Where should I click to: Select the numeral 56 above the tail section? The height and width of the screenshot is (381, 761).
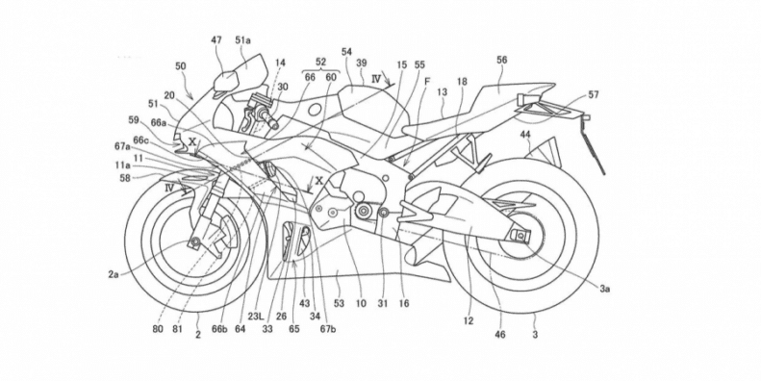pyautogui.click(x=502, y=59)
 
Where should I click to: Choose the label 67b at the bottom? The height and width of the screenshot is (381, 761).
pyautogui.click(x=328, y=330)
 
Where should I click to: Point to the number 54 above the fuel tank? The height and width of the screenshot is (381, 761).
pyautogui.click(x=346, y=49)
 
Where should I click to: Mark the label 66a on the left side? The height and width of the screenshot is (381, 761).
pyautogui.click(x=158, y=123)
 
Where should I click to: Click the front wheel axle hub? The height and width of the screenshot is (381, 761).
pyautogui.click(x=200, y=242)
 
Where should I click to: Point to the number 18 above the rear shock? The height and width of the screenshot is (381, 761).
pyautogui.click(x=462, y=85)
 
